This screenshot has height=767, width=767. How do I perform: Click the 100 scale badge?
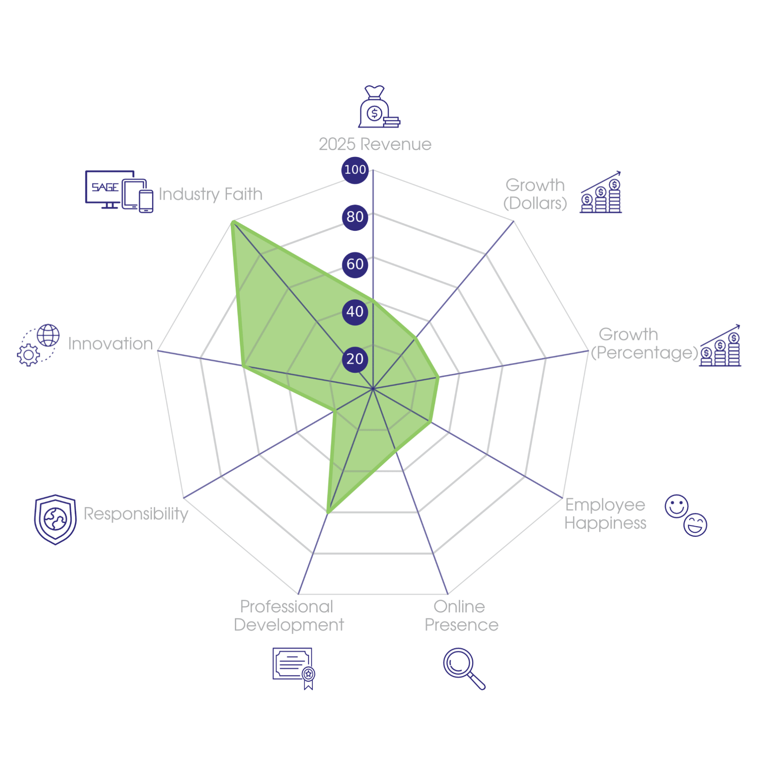click(x=355, y=170)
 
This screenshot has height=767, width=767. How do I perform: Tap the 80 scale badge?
click(x=355, y=217)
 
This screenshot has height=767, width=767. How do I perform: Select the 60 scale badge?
click(x=355, y=264)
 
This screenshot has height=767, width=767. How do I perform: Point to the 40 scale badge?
click(x=355, y=312)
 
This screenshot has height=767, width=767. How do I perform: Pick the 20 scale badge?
click(x=355, y=359)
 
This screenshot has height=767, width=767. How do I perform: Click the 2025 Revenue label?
click(x=375, y=144)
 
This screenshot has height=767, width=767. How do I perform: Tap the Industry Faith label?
click(x=211, y=194)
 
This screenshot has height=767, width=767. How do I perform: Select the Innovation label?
click(x=110, y=344)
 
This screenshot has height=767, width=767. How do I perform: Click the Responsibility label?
click(x=136, y=514)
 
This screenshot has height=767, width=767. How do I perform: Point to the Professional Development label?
click(x=288, y=616)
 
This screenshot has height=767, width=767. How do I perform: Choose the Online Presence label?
click(x=461, y=616)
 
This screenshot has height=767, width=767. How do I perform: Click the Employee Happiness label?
click(x=605, y=514)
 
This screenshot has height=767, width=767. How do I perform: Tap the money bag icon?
click(x=379, y=107)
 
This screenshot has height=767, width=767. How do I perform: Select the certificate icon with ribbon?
click(x=294, y=669)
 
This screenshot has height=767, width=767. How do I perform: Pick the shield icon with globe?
click(x=55, y=519)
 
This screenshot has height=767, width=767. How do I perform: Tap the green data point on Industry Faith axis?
click(x=232, y=222)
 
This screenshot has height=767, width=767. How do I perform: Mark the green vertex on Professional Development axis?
click(x=328, y=513)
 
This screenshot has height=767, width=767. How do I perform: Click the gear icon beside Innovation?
click(x=28, y=355)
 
